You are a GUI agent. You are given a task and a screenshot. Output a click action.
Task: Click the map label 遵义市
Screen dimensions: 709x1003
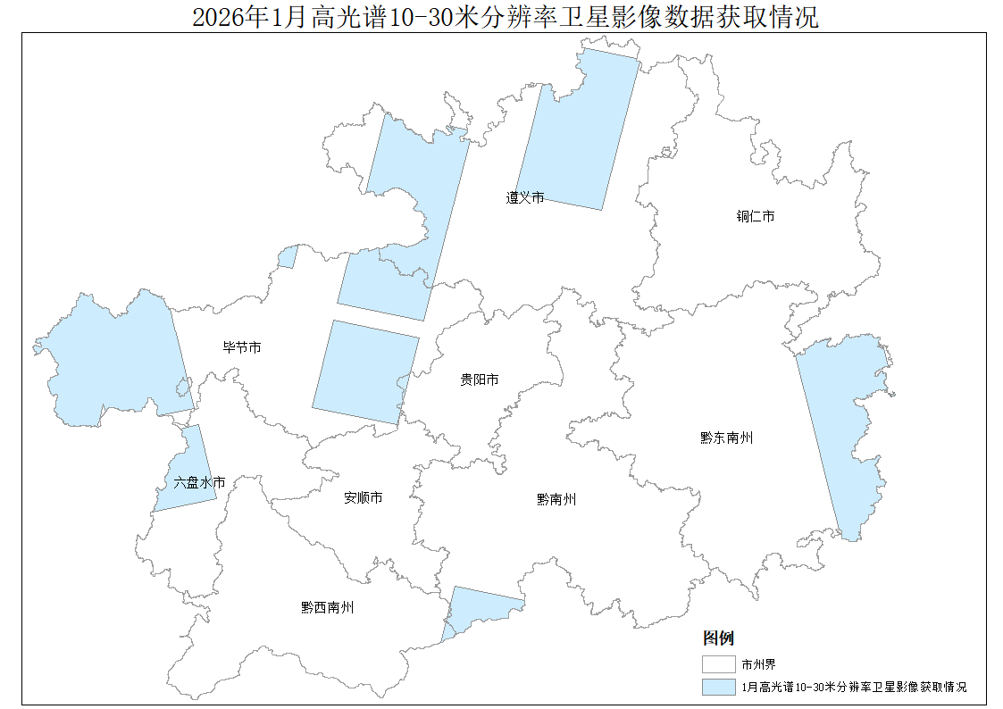click(x=525, y=197)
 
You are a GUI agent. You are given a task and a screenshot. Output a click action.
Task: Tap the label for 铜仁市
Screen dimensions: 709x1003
click(x=755, y=217)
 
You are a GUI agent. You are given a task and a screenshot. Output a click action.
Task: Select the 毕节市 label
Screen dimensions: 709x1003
click(x=242, y=347)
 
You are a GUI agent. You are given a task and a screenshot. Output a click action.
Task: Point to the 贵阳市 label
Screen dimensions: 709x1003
click(x=480, y=380)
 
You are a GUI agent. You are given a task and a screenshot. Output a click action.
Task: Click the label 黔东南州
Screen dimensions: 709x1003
click(x=726, y=438)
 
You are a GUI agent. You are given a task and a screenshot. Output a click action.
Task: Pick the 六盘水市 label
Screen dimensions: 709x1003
click(x=199, y=482)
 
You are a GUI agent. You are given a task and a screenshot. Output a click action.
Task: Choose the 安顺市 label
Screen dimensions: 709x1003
click(x=364, y=497)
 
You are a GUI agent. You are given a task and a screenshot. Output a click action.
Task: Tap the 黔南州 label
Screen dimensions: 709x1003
click(x=556, y=499)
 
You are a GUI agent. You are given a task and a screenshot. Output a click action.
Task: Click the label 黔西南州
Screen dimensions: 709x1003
click(x=328, y=607)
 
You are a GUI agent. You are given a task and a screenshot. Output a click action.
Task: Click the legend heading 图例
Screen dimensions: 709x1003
click(x=718, y=638)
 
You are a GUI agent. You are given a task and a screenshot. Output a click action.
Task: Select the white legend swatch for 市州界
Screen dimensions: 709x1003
click(x=718, y=664)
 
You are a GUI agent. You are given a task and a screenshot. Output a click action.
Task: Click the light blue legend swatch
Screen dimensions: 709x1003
click(x=718, y=687)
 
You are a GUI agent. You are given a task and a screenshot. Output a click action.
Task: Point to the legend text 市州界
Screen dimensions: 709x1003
click(x=752, y=664)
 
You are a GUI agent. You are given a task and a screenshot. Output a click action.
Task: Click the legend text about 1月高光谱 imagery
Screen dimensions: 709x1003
click(x=854, y=687)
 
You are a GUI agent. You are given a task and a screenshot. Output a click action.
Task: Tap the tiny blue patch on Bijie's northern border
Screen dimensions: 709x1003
click(x=288, y=258)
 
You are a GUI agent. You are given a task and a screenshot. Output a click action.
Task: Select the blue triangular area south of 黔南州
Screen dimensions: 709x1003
click(x=473, y=607)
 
